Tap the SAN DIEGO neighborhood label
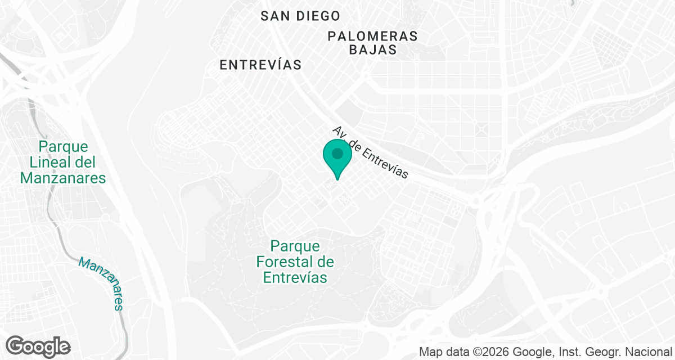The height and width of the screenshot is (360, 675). click(300, 16)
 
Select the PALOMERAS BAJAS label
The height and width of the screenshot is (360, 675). click(373, 43)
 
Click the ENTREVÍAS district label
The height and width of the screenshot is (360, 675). click(260, 65)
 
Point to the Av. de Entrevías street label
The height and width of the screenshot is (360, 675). click(370, 152)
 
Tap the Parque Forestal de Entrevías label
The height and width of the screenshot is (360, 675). click(295, 262)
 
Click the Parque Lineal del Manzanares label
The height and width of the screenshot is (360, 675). click(63, 163)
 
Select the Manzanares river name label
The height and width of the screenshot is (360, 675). click(101, 283)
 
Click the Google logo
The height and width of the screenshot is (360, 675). click(38, 346)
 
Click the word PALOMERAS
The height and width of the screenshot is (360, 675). click(373, 36)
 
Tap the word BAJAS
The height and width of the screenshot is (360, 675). click(373, 49)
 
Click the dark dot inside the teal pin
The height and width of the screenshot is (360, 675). click(337, 153)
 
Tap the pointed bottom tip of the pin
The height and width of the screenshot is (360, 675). click(337, 179)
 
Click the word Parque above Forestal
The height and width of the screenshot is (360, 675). click(295, 246)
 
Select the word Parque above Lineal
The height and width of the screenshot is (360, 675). click(64, 147)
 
